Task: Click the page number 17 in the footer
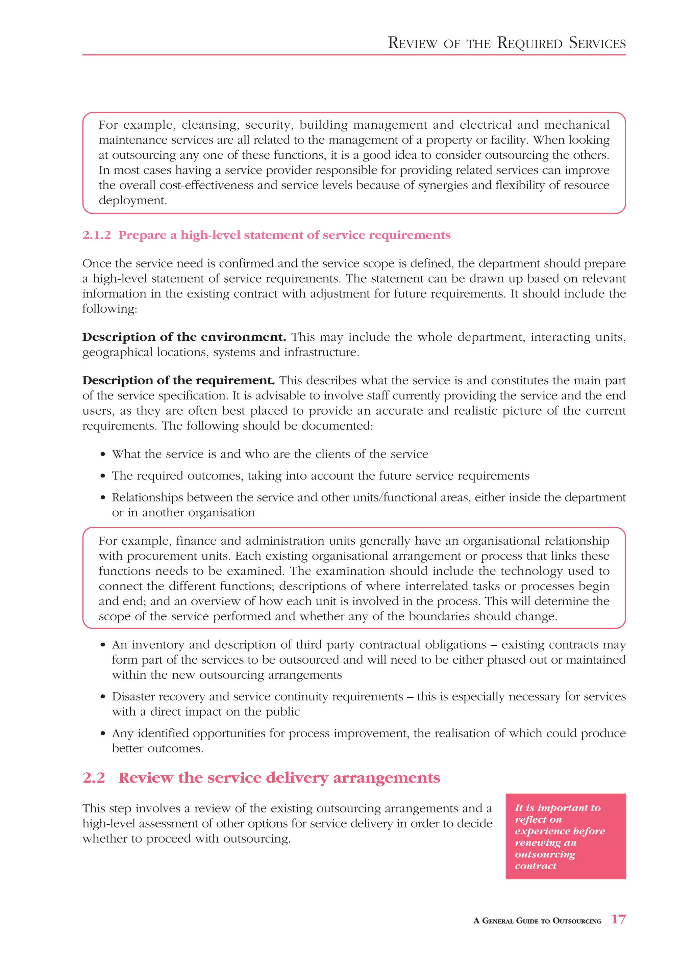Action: pos(618,919)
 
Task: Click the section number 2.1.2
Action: pos(97,235)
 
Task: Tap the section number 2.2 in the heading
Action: pos(94,778)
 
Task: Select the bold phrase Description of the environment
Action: pos(184,337)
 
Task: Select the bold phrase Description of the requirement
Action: pos(178,380)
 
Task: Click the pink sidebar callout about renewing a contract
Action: pos(565,836)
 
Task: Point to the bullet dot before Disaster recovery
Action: pos(103,697)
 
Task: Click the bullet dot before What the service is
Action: pos(103,455)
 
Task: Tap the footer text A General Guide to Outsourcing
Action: pos(537,921)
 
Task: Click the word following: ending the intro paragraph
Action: pos(109,309)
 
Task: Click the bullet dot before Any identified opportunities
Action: pos(103,734)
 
